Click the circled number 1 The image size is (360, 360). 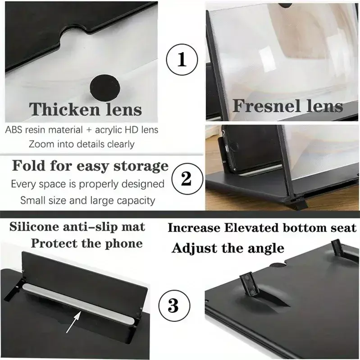pyautogui.click(x=182, y=59)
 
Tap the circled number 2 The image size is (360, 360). pyautogui.click(x=187, y=178)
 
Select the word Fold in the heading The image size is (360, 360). pyautogui.click(x=29, y=165)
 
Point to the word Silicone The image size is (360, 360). pyautogui.click(x=34, y=227)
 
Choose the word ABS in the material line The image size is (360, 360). pyautogui.click(x=14, y=130)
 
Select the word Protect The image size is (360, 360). pyautogui.click(x=55, y=243)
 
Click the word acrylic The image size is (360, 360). pyautogui.click(x=108, y=130)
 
